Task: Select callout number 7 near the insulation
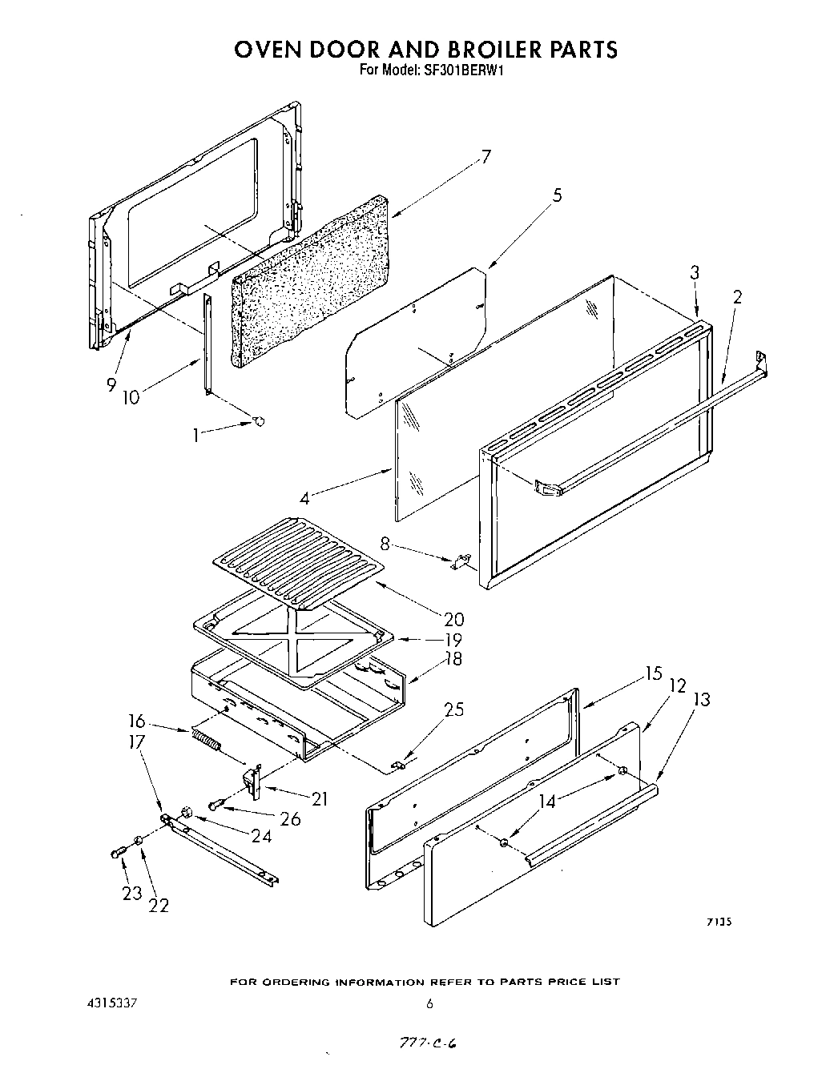click(485, 157)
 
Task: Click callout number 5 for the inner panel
click(557, 195)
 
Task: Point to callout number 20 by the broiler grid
click(453, 619)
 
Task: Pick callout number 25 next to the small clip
click(453, 709)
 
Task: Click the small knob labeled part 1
click(259, 421)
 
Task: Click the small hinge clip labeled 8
click(460, 562)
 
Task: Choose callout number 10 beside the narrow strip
click(130, 396)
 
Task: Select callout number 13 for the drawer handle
click(702, 699)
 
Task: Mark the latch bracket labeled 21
click(253, 782)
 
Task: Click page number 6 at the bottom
click(429, 1003)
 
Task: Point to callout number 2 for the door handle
click(737, 297)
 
